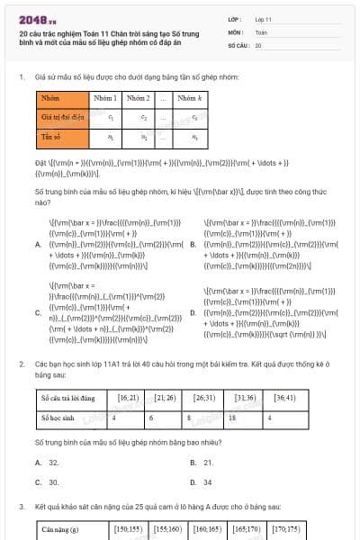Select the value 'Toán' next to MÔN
pyautogui.click(x=261, y=31)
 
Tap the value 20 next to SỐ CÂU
pyautogui.click(x=258, y=44)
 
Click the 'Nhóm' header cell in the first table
pyautogui.click(x=50, y=97)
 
